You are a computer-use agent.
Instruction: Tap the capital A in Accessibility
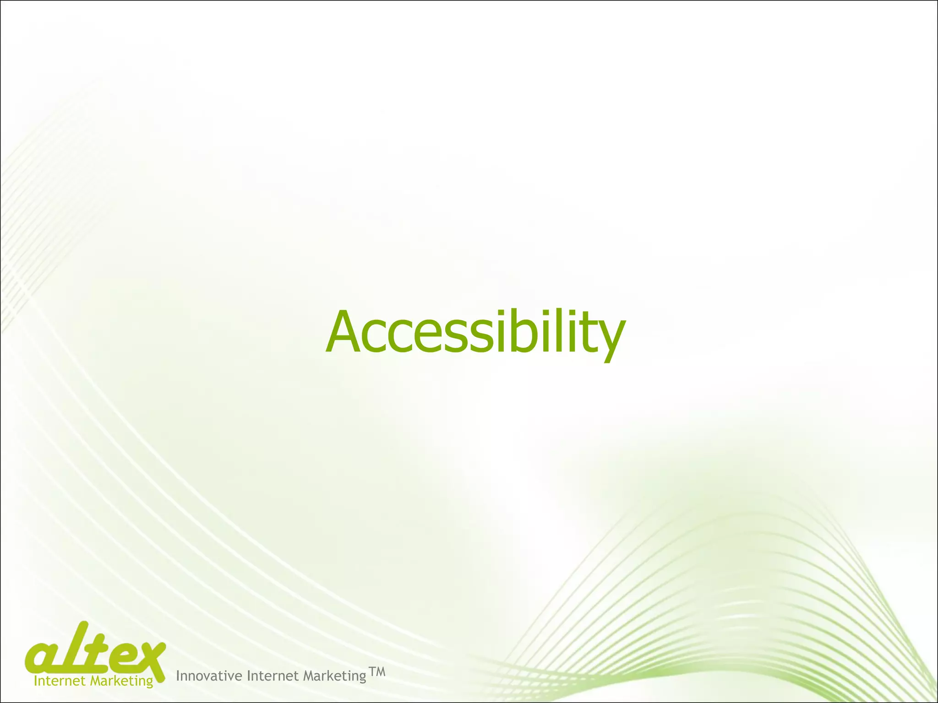pos(345,333)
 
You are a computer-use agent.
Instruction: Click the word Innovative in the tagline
pos(209,676)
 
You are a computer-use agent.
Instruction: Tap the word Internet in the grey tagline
pos(273,676)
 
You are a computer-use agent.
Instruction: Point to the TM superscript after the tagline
pos(377,672)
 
